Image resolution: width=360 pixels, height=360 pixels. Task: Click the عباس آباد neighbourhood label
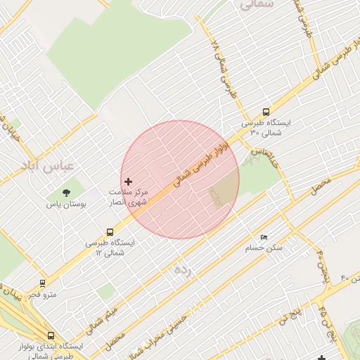point(71,167)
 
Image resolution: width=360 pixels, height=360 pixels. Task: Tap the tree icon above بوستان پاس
point(66,192)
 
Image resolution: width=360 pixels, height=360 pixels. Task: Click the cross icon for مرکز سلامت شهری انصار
point(128,181)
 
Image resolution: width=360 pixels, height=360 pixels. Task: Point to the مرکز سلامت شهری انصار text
point(128,196)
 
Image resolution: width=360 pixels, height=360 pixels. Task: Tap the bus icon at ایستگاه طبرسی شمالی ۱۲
point(110,232)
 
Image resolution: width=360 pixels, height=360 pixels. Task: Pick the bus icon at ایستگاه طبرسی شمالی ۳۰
point(266,112)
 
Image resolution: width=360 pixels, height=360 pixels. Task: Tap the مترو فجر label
point(42,295)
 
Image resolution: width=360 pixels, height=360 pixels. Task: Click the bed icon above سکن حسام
point(264,238)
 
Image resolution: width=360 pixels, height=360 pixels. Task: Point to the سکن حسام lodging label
point(264,248)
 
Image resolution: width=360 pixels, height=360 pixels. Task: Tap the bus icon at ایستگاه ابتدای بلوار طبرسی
point(50,336)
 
